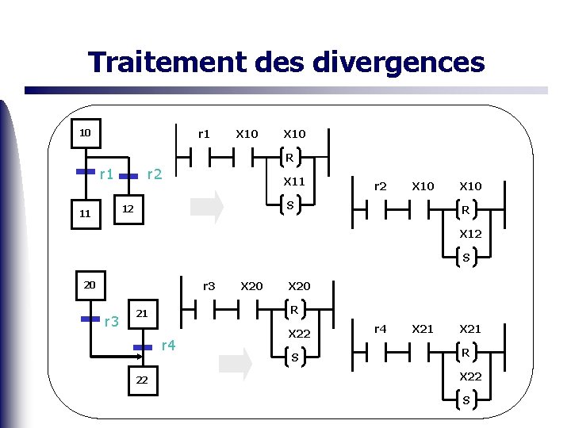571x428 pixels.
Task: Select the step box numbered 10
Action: pos(85,132)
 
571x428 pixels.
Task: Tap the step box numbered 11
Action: pos(85,213)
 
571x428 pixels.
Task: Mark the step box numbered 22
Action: pos(142,380)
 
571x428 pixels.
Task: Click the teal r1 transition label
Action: pos(106,174)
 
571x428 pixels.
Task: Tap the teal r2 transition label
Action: pos(155,174)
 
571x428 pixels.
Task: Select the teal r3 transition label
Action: pos(112,321)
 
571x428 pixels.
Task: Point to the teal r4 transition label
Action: pos(168,345)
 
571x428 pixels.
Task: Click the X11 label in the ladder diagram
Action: pos(294,182)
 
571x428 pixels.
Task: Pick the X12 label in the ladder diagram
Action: pos(471,234)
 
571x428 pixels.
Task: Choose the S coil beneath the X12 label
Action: pos(466,258)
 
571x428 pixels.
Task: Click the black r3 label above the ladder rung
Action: pos(209,285)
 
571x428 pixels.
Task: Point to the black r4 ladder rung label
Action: pos(381,328)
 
